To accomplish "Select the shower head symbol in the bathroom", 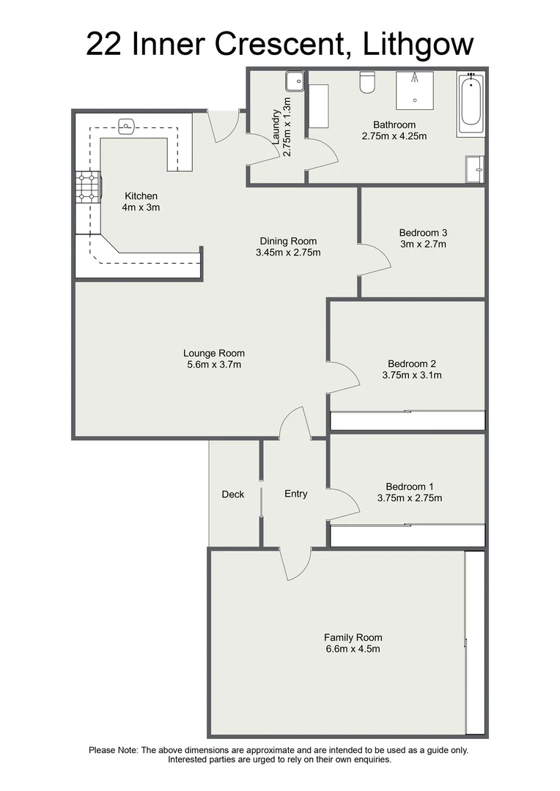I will (x=415, y=77).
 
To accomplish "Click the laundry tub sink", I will (x=295, y=80).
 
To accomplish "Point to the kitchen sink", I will (x=128, y=126).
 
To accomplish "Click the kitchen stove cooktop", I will (x=88, y=187).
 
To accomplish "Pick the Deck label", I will (x=233, y=494).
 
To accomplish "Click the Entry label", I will (x=295, y=494).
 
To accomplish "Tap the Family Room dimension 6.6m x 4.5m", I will (x=353, y=649).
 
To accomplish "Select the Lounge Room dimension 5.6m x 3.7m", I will (x=214, y=364).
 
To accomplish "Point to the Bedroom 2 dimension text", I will (x=411, y=375).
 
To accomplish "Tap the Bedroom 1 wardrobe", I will (x=407, y=536).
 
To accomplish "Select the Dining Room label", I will (x=288, y=241).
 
